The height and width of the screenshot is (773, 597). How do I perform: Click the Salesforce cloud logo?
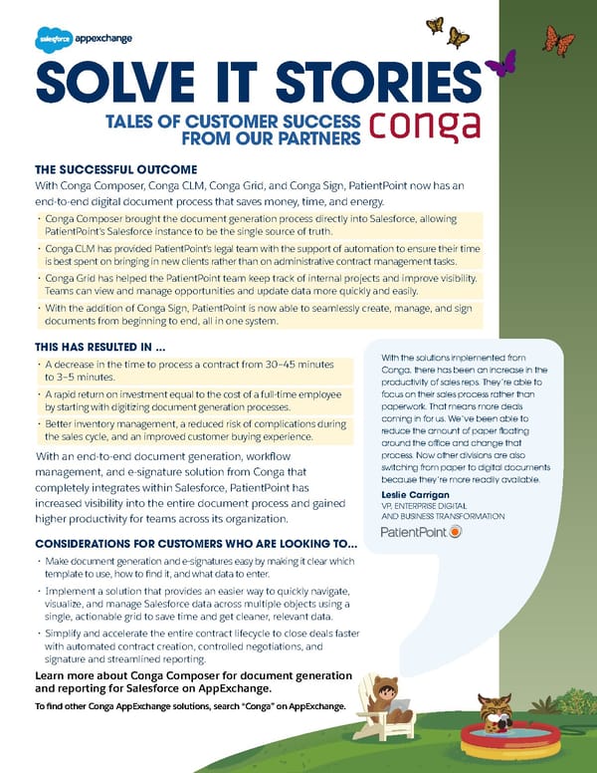pos(51,41)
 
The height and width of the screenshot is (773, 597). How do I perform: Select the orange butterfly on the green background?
pos(558,40)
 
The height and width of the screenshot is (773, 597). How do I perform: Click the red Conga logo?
pos(425,125)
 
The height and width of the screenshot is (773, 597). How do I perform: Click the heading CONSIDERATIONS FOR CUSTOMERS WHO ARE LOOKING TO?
pos(196,544)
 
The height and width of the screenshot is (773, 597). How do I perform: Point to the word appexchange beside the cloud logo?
pos(103,40)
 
